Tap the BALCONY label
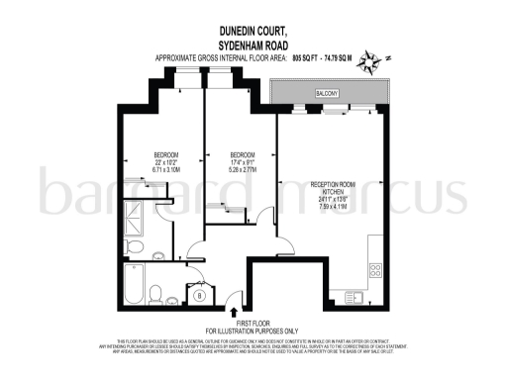tap(329, 93)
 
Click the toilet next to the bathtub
tap(156, 292)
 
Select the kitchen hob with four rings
tap(376, 268)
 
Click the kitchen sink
tap(354, 297)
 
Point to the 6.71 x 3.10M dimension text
tap(165, 170)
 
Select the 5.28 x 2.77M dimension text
tap(243, 170)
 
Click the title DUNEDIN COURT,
tap(253, 31)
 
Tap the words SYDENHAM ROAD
tap(253, 45)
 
